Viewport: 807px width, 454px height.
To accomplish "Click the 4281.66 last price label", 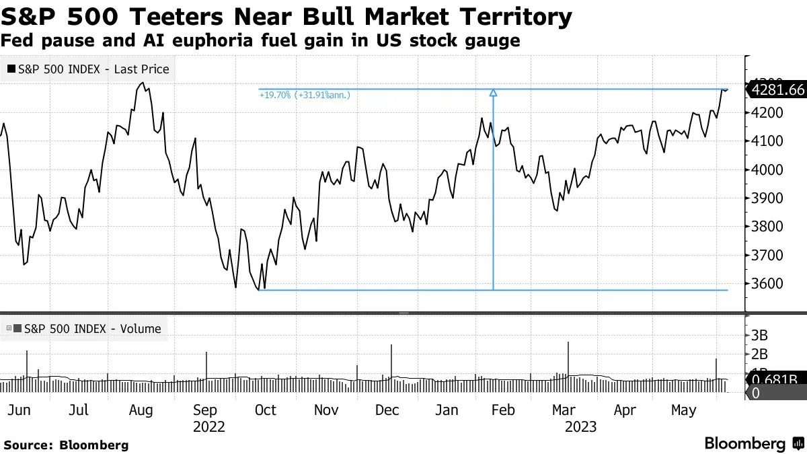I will click(x=778, y=89).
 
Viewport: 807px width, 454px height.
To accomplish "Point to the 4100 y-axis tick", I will click(x=767, y=141).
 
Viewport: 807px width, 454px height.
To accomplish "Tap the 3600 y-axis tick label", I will click(x=767, y=283).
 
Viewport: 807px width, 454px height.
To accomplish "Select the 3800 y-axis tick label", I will click(x=767, y=227).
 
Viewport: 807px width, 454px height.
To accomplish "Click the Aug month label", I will click(x=141, y=410).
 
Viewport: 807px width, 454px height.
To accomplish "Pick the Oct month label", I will click(x=265, y=410).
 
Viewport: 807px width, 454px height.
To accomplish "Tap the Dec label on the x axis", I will click(x=387, y=410).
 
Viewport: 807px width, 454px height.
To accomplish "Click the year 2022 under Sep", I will click(x=209, y=426).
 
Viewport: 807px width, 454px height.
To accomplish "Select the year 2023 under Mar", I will click(x=580, y=426).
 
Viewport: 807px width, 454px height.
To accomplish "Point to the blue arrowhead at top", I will click(x=494, y=93).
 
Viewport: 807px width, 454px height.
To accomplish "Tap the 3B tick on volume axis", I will click(x=759, y=336).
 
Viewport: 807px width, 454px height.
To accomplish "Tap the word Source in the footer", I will click(x=28, y=445).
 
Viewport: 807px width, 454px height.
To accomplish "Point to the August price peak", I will click(x=141, y=83).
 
